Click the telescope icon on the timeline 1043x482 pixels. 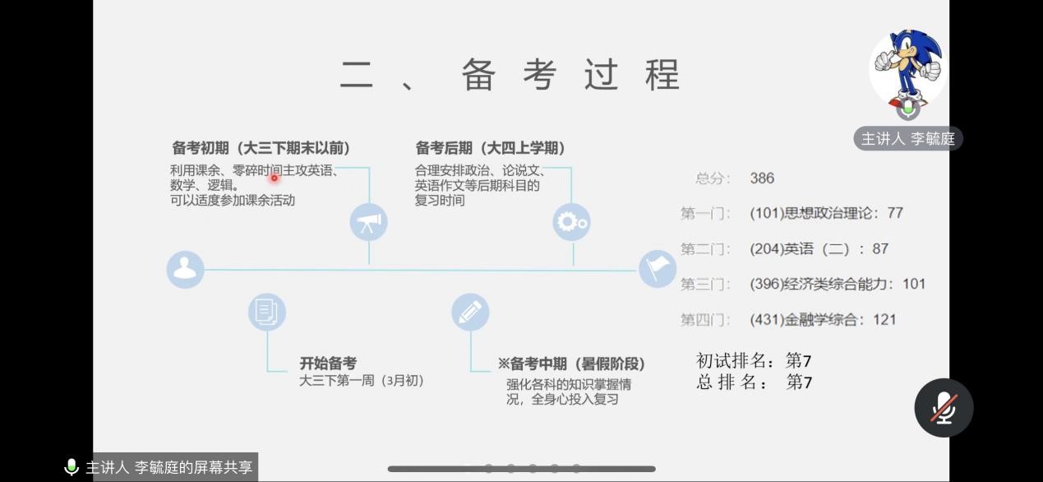tap(369, 222)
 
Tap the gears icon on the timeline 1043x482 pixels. tap(572, 222)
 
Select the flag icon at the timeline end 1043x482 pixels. tap(657, 270)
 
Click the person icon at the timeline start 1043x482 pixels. tap(185, 270)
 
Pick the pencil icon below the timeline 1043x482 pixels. tap(470, 312)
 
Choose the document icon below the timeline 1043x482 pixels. tap(267, 312)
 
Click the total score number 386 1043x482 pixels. tap(762, 178)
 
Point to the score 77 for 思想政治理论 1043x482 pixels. tap(895, 213)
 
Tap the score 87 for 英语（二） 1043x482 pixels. tap(880, 248)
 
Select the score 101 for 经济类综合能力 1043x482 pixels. tap(914, 284)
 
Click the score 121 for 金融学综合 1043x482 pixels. tap(884, 320)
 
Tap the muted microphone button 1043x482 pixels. tap(944, 408)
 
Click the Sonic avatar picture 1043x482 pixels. tap(908, 68)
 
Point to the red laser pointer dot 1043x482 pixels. tap(275, 178)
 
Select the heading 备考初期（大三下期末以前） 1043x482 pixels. tap(261, 148)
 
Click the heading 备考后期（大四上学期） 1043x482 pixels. tap(491, 148)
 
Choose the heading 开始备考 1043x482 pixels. tap(328, 363)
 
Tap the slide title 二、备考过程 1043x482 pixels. tap(510, 75)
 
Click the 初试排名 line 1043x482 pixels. tap(754, 360)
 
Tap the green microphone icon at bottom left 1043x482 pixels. tap(72, 467)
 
